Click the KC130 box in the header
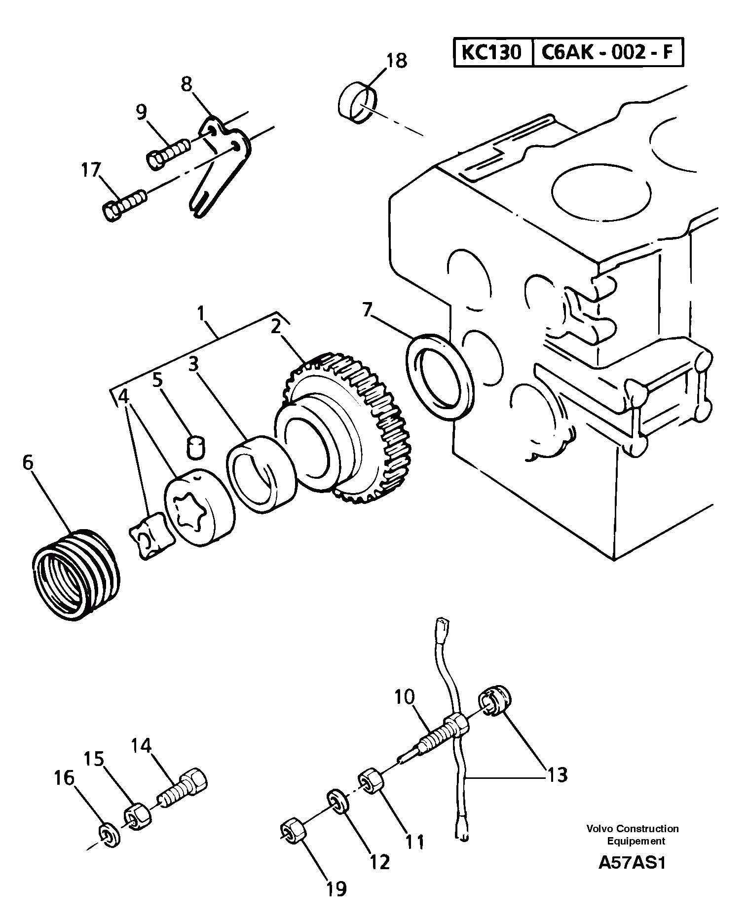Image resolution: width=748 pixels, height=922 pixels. [491, 52]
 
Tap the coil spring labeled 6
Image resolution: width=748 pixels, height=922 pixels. [78, 575]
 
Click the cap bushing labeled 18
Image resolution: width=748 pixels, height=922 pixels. [357, 103]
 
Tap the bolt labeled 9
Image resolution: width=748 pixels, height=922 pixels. [169, 152]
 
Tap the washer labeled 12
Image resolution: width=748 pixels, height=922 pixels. [338, 802]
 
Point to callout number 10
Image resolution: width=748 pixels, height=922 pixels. [405, 697]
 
